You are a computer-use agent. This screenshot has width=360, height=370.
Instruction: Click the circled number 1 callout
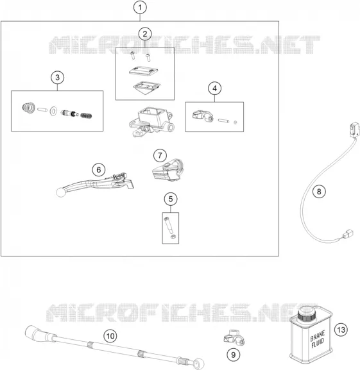tap(140, 7)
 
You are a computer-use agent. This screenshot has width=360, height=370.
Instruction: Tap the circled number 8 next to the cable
tap(319, 191)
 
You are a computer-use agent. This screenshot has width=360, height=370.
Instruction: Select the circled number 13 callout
tap(341, 330)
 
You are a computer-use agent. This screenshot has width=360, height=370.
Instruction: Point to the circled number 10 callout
tap(110, 336)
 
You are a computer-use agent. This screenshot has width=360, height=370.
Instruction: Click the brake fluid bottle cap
tap(306, 314)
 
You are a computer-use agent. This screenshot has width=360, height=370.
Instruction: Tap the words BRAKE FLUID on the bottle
tap(318, 340)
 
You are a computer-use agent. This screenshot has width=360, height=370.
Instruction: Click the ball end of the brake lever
tap(61, 192)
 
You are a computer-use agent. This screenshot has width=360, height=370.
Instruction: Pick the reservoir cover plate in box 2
tap(144, 71)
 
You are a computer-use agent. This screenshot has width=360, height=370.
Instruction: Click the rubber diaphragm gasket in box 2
tap(146, 88)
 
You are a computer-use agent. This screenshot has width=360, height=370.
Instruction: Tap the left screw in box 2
tap(132, 56)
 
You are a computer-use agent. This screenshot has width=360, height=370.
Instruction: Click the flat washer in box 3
tap(54, 111)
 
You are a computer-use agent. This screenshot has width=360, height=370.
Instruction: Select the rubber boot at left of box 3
tap(29, 108)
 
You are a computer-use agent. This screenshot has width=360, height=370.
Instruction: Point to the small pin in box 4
tap(223, 121)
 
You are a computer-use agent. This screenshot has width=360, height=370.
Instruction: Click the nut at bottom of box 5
tap(173, 237)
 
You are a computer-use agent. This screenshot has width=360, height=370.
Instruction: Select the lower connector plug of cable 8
tap(347, 234)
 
